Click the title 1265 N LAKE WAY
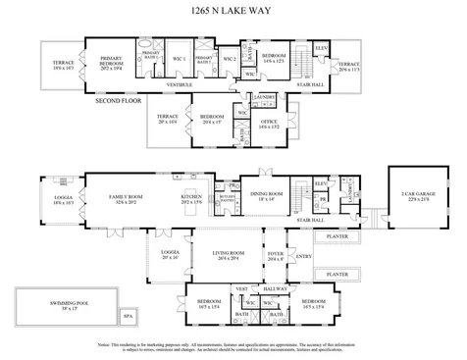pyautogui.click(x=233, y=13)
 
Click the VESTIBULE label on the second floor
pyautogui.click(x=178, y=85)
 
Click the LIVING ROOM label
pyautogui.click(x=229, y=254)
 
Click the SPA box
pyautogui.click(x=127, y=317)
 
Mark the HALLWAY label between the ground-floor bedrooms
pyautogui.click(x=276, y=288)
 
